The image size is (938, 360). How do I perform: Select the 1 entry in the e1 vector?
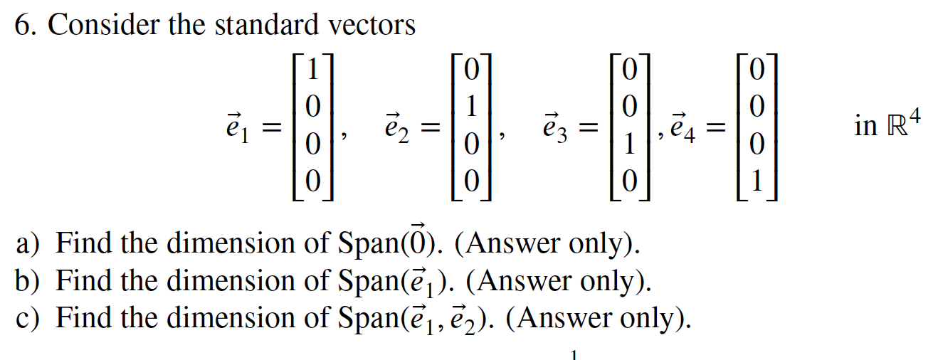click(310, 70)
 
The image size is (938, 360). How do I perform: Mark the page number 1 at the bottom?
click(572, 352)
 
